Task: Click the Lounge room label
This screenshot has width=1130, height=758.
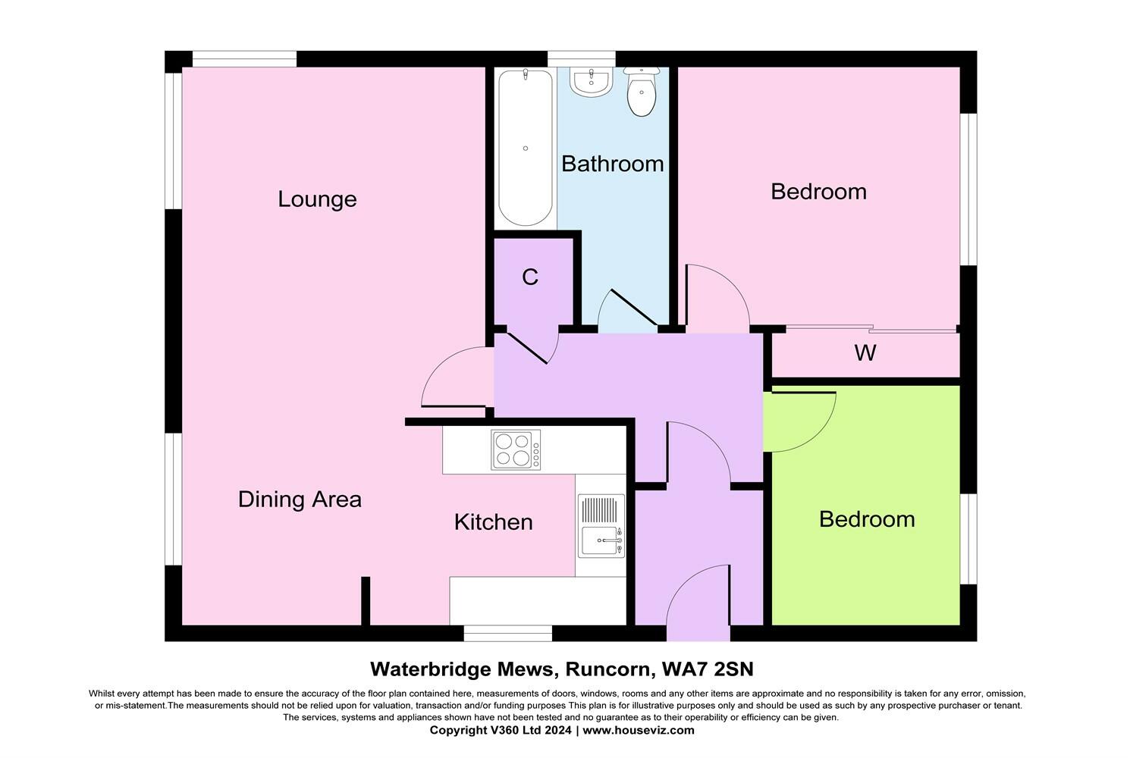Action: coord(317,199)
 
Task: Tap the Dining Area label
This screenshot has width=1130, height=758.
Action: coord(300,500)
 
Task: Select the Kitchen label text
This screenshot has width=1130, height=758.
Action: coord(493,522)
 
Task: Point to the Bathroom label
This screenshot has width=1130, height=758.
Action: coord(612,164)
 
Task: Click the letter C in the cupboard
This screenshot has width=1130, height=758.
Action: coord(530,277)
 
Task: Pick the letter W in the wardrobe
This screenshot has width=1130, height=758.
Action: coord(865,352)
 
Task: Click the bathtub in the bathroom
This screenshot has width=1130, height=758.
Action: coord(525,148)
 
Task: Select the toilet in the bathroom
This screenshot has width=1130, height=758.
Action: coord(642,92)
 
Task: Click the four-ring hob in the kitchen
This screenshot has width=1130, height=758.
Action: coord(516,449)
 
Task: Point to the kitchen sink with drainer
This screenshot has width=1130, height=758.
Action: coord(601,526)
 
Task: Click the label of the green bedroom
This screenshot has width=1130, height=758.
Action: coord(867,519)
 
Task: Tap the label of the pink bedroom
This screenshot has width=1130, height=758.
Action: coord(818,192)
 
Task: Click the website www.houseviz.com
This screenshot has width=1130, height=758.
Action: coord(639,731)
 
